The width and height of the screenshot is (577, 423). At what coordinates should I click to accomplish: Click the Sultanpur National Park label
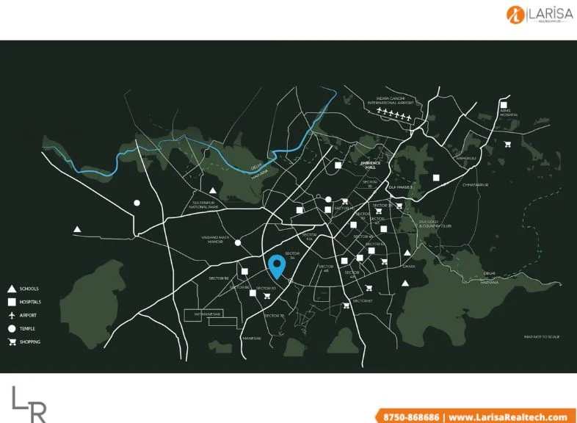206,205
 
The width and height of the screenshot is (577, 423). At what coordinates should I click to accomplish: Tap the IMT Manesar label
208,314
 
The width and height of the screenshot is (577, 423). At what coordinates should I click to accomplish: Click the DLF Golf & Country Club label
435,223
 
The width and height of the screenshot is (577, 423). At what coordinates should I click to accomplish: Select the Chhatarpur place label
475,185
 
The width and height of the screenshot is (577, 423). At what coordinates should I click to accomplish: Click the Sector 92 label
219,278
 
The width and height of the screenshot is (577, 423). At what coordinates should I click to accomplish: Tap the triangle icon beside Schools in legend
12,289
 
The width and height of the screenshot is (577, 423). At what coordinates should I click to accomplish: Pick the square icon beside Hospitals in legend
12,302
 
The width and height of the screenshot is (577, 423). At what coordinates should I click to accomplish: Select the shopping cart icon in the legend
12,342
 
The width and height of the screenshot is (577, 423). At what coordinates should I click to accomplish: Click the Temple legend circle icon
12,328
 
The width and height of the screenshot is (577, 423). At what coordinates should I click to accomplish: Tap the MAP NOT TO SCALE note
542,336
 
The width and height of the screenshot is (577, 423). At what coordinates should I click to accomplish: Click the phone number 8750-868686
411,416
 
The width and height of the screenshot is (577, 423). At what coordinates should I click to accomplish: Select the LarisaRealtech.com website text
508,416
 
